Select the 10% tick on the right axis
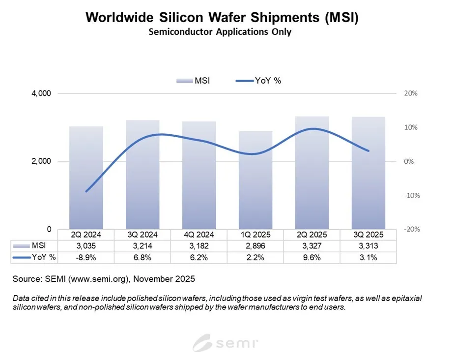(x=410, y=127)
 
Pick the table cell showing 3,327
(x=311, y=245)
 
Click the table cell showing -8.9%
(x=86, y=257)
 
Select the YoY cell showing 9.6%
(x=311, y=257)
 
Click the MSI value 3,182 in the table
(x=198, y=245)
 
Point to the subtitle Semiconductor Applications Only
(x=226, y=32)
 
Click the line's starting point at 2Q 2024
(x=86, y=191)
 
